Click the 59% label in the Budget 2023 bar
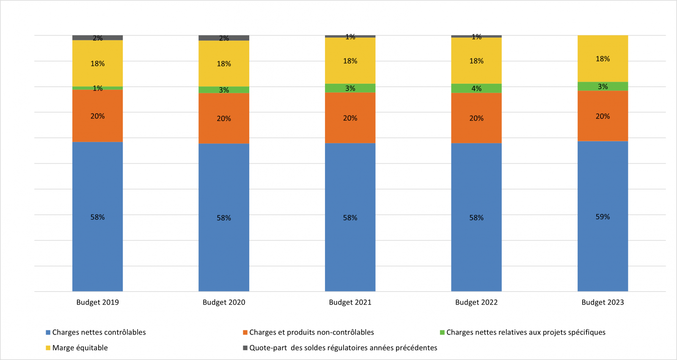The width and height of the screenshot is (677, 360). click(603, 217)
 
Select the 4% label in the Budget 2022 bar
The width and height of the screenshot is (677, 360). click(476, 88)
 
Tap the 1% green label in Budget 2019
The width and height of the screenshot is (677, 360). click(98, 88)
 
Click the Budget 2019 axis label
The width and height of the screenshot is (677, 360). click(97, 302)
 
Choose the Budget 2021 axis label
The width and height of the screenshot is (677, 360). click(350, 302)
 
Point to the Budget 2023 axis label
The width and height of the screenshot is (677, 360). click(603, 302)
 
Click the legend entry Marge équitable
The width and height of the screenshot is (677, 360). click(80, 348)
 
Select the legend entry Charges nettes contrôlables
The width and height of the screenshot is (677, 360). click(99, 333)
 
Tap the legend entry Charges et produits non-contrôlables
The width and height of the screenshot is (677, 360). click(311, 333)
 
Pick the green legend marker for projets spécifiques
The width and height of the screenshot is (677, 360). click(442, 333)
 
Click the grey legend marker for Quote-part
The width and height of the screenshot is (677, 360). click(245, 348)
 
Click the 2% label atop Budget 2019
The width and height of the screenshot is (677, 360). click(98, 38)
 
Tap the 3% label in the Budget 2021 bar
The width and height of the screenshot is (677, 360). click(350, 88)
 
